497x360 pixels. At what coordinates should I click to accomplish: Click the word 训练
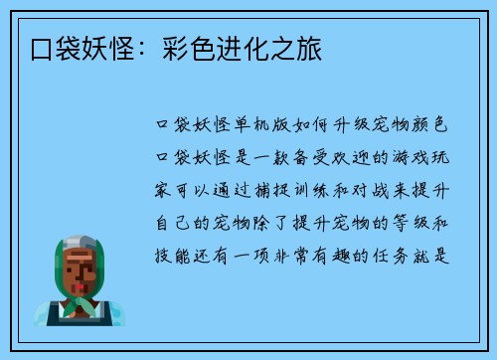point(323,190)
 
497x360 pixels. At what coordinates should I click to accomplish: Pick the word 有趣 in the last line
point(346,256)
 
